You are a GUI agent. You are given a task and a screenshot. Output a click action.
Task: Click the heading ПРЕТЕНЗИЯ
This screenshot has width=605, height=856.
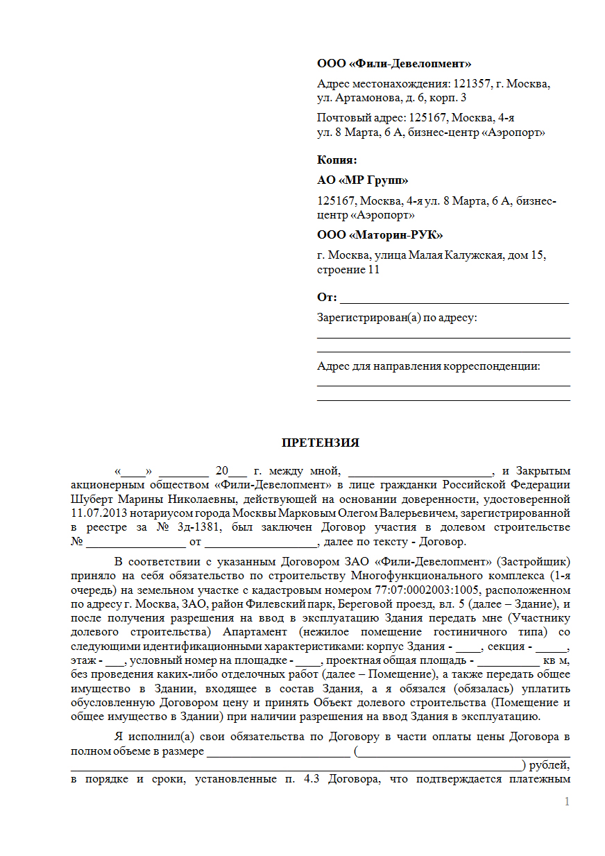[320, 443]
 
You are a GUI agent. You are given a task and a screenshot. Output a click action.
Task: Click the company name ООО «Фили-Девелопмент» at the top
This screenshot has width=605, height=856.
[394, 64]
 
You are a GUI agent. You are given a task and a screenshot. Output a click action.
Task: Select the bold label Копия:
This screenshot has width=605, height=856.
[337, 160]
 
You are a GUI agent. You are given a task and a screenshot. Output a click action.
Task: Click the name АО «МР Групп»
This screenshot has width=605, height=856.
[363, 180]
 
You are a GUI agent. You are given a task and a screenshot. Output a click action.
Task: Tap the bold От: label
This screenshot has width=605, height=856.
[327, 298]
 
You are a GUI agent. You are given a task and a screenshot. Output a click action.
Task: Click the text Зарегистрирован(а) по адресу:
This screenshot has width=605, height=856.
[398, 318]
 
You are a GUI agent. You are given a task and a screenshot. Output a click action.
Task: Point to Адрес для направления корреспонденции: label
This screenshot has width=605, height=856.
[428, 366]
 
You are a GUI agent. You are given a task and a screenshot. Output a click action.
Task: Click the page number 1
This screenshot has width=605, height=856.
[567, 802]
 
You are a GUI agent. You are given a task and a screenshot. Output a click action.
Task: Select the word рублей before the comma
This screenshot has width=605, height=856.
[547, 765]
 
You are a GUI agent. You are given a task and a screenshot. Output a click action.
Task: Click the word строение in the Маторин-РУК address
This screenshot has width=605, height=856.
[341, 269]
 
